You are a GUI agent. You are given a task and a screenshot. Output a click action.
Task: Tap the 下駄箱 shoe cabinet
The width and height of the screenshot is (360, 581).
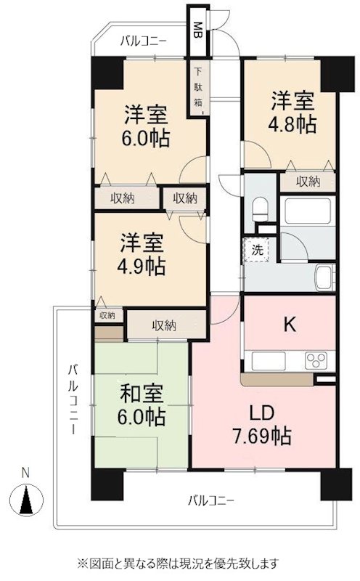(x=198, y=89)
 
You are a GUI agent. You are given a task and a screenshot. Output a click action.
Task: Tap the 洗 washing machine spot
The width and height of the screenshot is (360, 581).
(x=258, y=249)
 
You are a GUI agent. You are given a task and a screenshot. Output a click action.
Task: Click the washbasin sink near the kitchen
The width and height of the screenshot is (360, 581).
(x=324, y=278)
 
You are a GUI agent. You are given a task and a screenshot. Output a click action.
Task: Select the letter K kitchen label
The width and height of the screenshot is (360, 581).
(x=289, y=324)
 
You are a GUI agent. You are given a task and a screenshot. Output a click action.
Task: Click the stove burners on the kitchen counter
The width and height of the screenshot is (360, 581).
(x=317, y=359)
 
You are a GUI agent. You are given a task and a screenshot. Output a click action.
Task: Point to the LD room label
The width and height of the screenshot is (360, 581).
(x=262, y=413)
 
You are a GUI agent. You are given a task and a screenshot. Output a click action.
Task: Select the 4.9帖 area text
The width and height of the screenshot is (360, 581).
(x=142, y=265)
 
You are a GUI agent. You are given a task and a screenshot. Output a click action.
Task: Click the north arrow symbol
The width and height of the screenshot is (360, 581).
(x=26, y=500)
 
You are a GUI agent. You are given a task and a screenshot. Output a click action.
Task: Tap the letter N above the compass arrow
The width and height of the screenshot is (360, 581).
(x=26, y=473)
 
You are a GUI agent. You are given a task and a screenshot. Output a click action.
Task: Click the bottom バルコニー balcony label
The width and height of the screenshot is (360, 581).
(x=210, y=500)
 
